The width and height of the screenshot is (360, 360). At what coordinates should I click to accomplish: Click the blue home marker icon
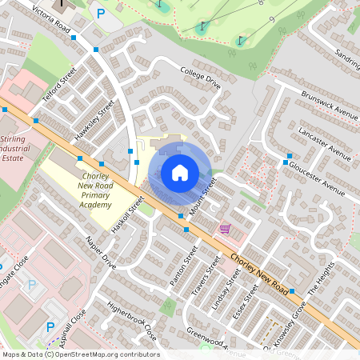tap(180, 172)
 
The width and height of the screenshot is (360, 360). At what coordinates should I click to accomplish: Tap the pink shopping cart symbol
tap(226, 229)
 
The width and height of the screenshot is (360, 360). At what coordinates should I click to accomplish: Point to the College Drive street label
tap(200, 76)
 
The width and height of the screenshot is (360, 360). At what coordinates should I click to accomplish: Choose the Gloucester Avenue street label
tap(329, 174)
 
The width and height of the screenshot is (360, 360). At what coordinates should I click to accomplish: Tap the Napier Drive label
tap(102, 254)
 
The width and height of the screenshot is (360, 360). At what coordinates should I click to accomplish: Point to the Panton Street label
tap(188, 270)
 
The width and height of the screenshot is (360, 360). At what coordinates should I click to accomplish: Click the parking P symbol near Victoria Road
tap(101, 13)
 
